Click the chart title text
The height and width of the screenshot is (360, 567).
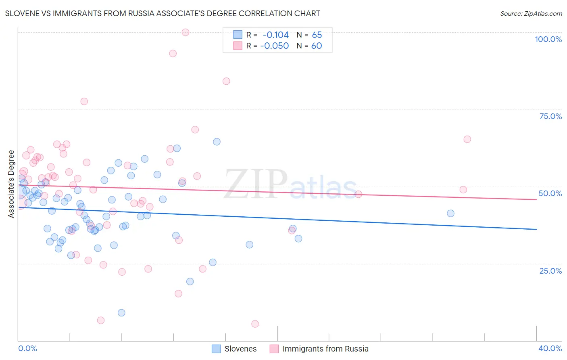[163, 13]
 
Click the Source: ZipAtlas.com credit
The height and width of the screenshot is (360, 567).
[531, 13]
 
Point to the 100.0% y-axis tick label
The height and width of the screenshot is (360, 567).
[548, 39]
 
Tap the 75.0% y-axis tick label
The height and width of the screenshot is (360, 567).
[550, 116]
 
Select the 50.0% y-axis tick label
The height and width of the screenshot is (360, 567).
[550, 193]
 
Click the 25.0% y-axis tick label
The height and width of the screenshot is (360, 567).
[550, 270]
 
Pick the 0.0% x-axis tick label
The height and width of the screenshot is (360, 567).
[28, 348]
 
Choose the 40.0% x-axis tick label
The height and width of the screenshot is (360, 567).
[550, 348]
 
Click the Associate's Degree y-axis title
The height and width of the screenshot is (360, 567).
[11, 184]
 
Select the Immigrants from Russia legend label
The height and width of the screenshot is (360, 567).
[325, 349]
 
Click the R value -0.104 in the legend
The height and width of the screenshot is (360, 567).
[276, 35]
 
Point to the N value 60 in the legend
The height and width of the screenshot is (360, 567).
[317, 46]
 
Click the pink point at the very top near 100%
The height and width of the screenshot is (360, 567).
[186, 32]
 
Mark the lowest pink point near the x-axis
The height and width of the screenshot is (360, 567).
[255, 324]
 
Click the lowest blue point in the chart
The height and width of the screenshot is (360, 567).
[121, 313]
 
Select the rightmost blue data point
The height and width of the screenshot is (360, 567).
[450, 213]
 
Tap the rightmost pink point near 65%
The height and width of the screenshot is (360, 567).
[467, 139]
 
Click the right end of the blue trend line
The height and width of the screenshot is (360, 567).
[536, 229]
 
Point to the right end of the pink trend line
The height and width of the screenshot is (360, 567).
[536, 199]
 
